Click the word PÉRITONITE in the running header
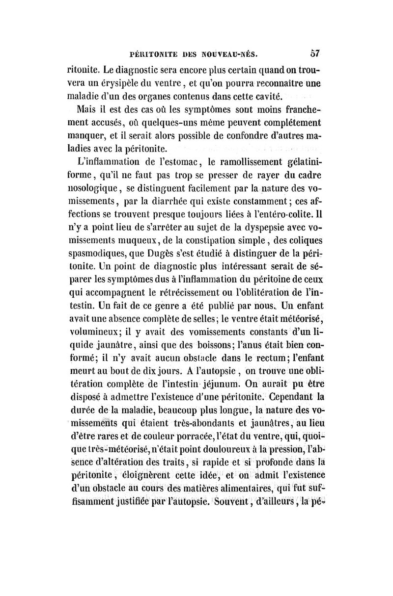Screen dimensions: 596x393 point(147,51)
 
